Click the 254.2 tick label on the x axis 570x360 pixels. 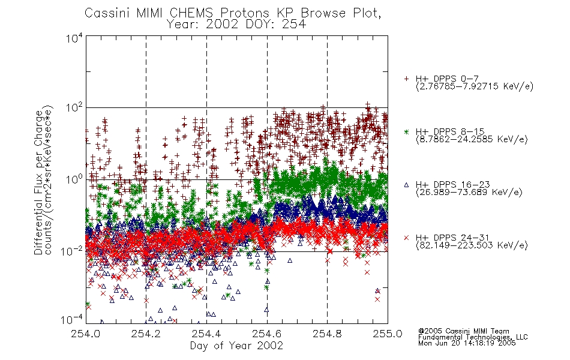(x=146, y=334)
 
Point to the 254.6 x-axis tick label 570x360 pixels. (x=267, y=334)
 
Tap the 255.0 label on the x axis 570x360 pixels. (x=388, y=334)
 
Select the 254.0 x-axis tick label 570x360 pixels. (x=86, y=334)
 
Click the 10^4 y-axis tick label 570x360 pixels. (x=74, y=38)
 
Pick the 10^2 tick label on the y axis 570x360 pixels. (x=74, y=109)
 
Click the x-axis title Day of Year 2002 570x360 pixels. (x=236, y=346)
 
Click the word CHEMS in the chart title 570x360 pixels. (x=191, y=13)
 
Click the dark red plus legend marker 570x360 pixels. (x=406, y=79)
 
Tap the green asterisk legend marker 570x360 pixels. (x=406, y=131)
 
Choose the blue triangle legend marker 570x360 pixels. (x=406, y=185)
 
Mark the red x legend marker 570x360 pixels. (x=406, y=238)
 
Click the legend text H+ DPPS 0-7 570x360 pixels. (x=447, y=79)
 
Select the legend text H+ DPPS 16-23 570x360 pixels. (x=453, y=184)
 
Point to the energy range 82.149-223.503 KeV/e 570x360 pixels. (x=472, y=245)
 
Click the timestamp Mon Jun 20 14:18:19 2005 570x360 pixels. (x=467, y=343)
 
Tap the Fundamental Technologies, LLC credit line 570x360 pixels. (x=473, y=337)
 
